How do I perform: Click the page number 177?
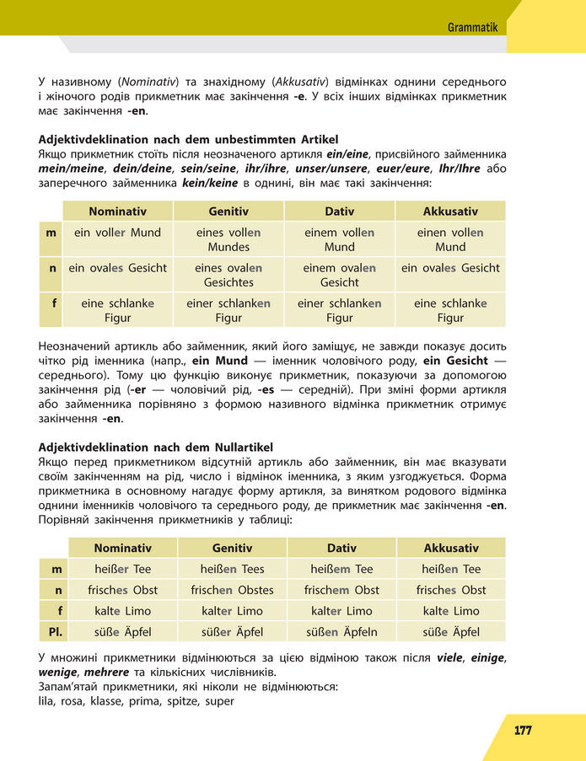pyautogui.click(x=523, y=731)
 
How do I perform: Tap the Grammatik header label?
pyautogui.click(x=472, y=28)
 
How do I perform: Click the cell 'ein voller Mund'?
pyautogui.click(x=117, y=233)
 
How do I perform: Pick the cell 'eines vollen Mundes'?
pyautogui.click(x=228, y=239)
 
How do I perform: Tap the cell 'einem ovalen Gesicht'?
pyautogui.click(x=339, y=275)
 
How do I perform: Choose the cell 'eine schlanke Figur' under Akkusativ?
pyautogui.click(x=450, y=310)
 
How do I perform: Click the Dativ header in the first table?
pyautogui.click(x=339, y=212)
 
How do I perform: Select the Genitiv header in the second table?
pyautogui.click(x=232, y=548)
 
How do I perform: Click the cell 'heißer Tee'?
pyautogui.click(x=123, y=569)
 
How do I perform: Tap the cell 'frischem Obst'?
pyautogui.click(x=341, y=590)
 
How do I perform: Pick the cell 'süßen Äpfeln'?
pyautogui.click(x=341, y=632)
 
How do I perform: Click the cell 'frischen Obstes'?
pyautogui.click(x=232, y=590)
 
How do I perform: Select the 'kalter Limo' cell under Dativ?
pyautogui.click(x=341, y=611)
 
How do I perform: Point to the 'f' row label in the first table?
pyautogui.click(x=51, y=303)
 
